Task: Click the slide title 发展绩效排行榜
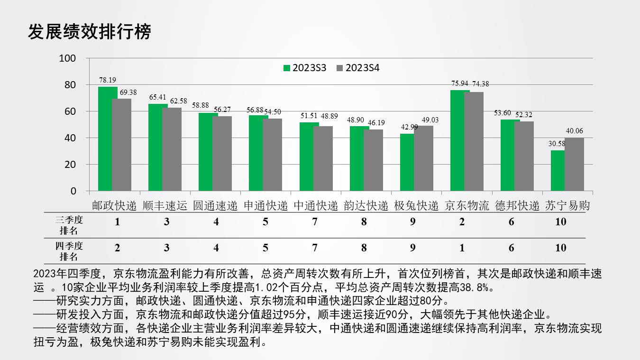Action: tap(89, 32)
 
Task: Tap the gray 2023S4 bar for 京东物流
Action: tap(474, 141)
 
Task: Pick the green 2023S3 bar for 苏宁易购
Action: tap(558, 171)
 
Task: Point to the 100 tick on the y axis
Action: tap(67, 58)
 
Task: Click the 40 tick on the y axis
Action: tap(70, 138)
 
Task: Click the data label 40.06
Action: tap(574, 131)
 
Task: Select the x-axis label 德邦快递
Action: tap(517, 206)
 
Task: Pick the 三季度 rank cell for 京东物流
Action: tap(462, 222)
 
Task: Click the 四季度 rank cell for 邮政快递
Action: tap(117, 248)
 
